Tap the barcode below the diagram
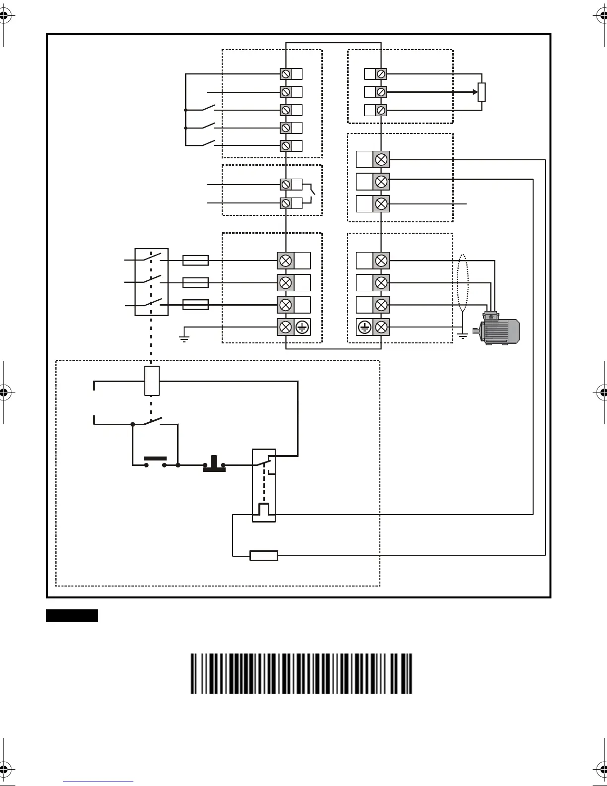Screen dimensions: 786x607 (302, 673)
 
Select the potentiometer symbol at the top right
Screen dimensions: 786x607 (482, 92)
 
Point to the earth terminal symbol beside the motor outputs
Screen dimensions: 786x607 (364, 327)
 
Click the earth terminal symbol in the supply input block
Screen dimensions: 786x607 (303, 327)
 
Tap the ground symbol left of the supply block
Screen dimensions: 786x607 (184, 339)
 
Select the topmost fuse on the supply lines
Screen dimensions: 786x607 (195, 261)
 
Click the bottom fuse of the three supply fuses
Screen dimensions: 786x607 (195, 305)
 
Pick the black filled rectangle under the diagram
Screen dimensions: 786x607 (72, 616)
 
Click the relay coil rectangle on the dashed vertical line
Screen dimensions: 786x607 (152, 381)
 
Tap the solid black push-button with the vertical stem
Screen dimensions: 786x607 (214, 463)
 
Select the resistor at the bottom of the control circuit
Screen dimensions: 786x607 (263, 556)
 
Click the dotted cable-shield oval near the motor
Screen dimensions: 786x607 (462, 283)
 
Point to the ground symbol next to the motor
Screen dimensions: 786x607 (463, 336)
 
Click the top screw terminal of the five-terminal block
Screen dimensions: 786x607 (286, 74)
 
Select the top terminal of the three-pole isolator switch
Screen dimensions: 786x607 (152, 258)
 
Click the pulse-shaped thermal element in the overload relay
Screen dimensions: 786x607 (264, 510)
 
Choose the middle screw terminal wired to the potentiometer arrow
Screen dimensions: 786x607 (381, 92)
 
